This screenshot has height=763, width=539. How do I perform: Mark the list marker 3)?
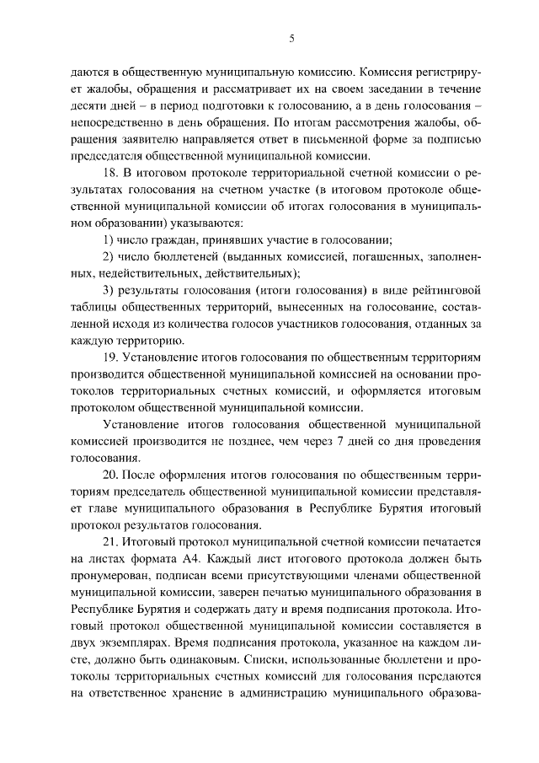108,291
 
